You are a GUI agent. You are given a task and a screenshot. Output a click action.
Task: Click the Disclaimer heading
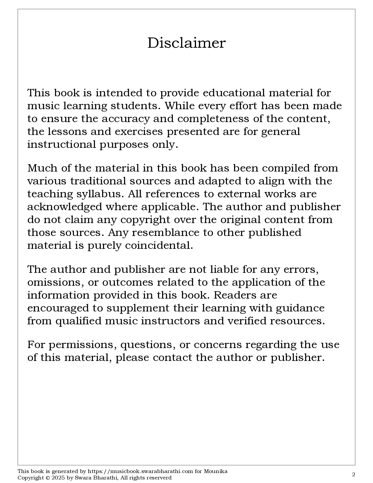(x=186, y=43)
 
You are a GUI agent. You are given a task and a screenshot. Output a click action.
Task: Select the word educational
(x=234, y=93)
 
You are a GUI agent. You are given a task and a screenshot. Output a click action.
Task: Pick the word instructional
(x=62, y=144)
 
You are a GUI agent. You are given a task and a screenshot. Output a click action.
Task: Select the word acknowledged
(x=65, y=207)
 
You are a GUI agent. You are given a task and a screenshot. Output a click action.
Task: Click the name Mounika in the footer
(x=216, y=471)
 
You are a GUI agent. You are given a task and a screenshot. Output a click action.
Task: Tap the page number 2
(x=353, y=475)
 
